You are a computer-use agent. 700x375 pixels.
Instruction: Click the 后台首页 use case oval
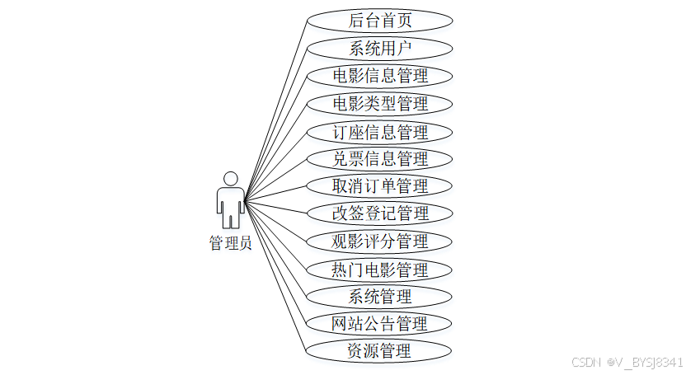coord(379,21)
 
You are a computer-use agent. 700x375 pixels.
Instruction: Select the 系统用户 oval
coord(379,48)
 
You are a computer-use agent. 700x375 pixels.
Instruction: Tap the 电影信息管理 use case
coord(379,76)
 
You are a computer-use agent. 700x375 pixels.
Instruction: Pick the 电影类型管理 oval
coord(379,103)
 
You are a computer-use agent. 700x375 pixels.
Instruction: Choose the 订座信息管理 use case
coord(379,131)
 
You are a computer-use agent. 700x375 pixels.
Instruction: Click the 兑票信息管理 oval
coord(379,158)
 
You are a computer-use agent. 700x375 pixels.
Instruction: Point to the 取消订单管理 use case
coord(379,185)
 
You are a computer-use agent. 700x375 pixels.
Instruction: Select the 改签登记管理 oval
coord(379,213)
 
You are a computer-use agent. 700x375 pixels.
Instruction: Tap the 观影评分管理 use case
coord(379,241)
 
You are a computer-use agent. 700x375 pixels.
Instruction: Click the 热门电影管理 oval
coord(379,269)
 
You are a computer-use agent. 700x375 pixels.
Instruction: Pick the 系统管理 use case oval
coord(379,295)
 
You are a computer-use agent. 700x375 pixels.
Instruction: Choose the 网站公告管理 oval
coord(379,322)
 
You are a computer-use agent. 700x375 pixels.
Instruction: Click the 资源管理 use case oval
coord(379,349)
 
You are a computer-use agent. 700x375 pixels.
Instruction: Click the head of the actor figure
coord(231,178)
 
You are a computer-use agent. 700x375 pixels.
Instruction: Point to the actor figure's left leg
coord(226,218)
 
